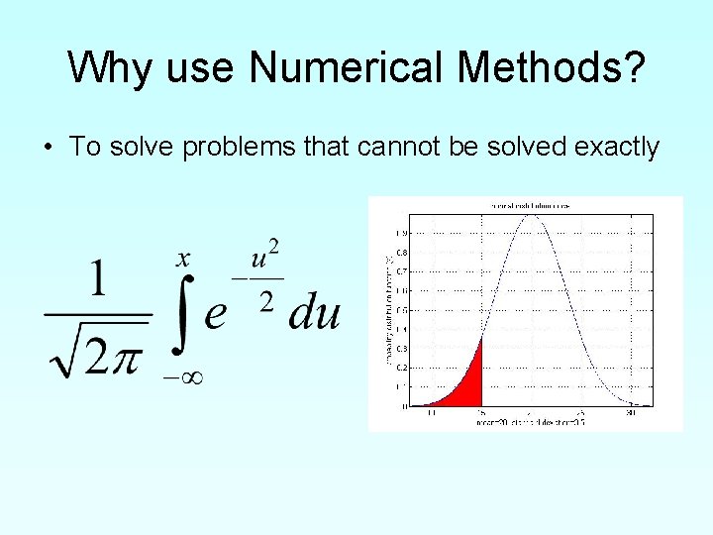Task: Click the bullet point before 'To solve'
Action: tap(48, 149)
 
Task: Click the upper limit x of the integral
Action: tap(183, 260)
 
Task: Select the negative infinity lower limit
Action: tap(182, 375)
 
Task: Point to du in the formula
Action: tap(314, 313)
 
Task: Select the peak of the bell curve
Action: tap(531, 215)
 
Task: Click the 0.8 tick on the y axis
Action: tap(402, 252)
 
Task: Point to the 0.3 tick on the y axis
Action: tap(402, 349)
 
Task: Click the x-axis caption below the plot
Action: tap(530, 421)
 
